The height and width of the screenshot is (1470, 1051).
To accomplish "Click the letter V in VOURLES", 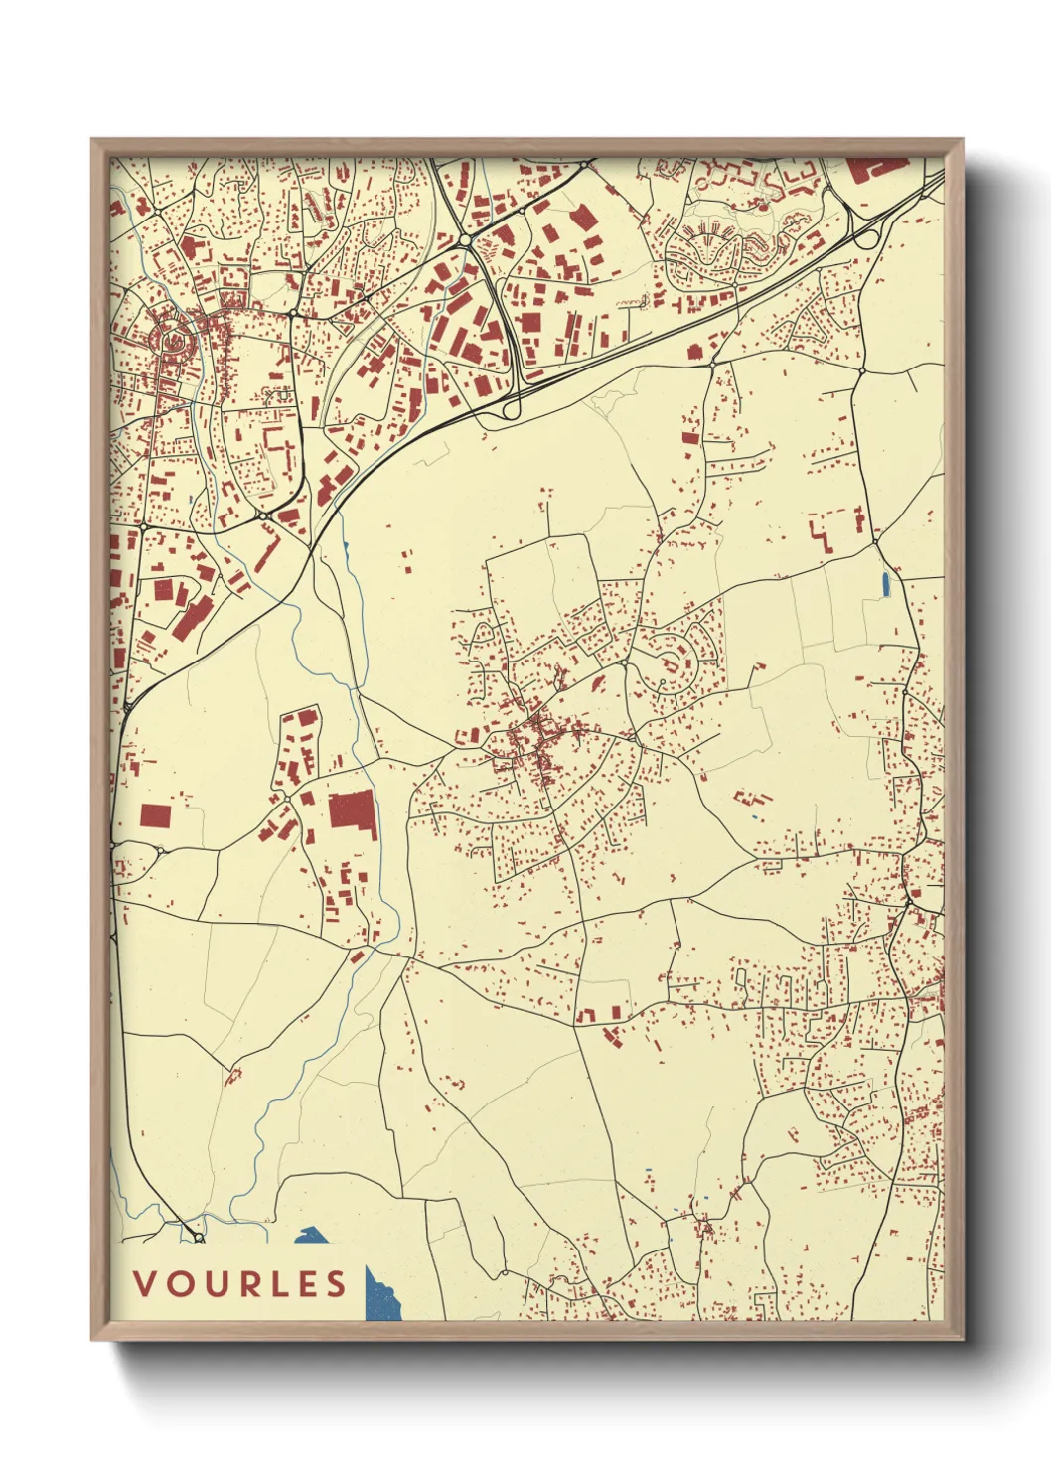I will [x=145, y=1284].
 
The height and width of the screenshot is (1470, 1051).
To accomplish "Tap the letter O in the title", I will [x=179, y=1284].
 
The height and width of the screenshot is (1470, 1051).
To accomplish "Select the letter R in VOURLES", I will [x=244, y=1284].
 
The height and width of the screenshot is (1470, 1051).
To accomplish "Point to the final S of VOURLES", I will [x=336, y=1284].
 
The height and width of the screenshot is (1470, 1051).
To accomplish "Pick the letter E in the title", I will [x=306, y=1284].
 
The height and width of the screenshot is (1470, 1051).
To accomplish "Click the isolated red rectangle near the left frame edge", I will [x=155, y=816].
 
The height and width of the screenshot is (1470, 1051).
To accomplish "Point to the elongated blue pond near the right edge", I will [x=885, y=584].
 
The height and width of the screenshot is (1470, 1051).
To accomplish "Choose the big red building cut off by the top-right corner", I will [x=877, y=168].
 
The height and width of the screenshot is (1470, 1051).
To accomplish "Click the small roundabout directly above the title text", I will [x=199, y=1238].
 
